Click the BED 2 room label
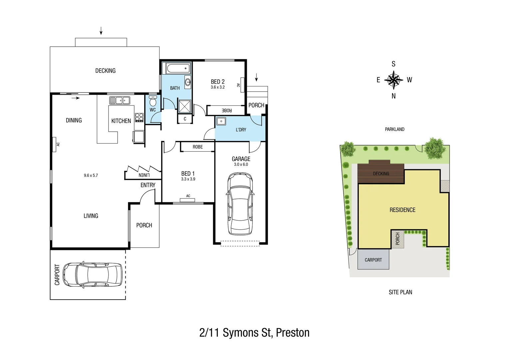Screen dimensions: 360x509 click(218, 82)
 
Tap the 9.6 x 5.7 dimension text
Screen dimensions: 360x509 click(91, 175)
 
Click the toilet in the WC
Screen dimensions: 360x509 click(153, 101)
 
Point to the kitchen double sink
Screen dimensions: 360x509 click(120, 100)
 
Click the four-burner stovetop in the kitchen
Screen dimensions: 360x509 click(139, 117)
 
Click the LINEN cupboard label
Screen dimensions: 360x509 click(144, 175)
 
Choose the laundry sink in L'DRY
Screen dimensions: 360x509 click(221, 121)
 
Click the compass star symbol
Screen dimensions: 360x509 click(393, 80)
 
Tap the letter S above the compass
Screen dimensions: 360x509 click(393, 64)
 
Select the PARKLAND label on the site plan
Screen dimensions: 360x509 click(394, 129)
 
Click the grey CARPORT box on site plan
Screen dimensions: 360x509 click(373, 260)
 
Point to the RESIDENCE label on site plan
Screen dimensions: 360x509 click(402, 210)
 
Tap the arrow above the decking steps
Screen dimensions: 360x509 click(101, 31)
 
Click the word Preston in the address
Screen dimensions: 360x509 click(293, 333)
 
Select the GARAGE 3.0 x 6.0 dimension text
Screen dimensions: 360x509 click(241, 164)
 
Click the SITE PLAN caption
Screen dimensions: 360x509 click(400, 292)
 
